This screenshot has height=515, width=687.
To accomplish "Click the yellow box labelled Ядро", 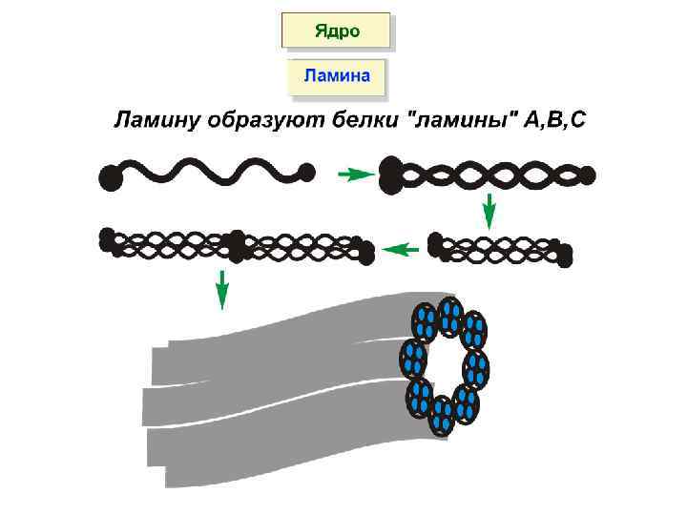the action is (x=336, y=30).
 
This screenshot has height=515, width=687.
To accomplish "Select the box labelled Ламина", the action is (x=336, y=75).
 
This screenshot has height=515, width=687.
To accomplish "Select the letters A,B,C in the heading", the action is (x=552, y=122).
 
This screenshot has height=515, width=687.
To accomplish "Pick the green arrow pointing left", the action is (x=401, y=249).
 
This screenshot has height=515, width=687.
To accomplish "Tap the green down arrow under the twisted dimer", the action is (x=489, y=210).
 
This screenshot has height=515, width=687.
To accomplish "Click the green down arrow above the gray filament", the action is (x=221, y=289).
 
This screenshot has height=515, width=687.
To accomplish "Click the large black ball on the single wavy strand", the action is (x=112, y=177).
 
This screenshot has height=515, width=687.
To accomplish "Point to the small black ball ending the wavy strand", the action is (x=307, y=173).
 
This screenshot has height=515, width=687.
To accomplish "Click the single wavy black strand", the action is (x=210, y=173).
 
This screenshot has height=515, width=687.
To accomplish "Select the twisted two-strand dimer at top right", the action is (x=487, y=175).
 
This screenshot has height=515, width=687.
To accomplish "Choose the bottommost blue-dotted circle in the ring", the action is (x=441, y=415).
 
